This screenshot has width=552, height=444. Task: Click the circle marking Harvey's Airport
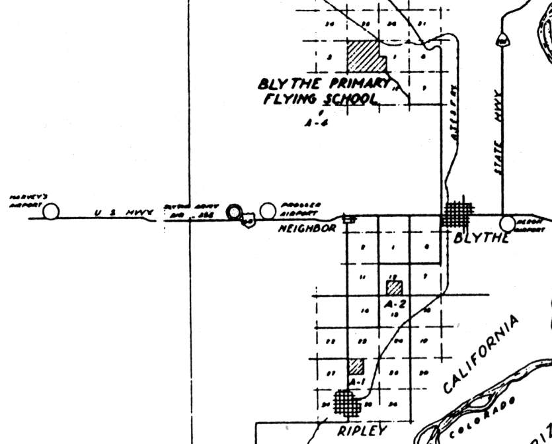(51, 211)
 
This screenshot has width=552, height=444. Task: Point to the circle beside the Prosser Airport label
(268, 210)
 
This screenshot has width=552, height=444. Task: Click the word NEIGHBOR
(306, 228)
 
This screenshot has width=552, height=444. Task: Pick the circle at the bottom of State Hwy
(508, 224)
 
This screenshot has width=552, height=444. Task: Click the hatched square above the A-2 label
(395, 287)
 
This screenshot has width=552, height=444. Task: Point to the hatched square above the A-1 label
(356, 367)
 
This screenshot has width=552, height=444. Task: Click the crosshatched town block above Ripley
(345, 402)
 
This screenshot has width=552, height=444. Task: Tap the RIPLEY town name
(361, 431)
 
